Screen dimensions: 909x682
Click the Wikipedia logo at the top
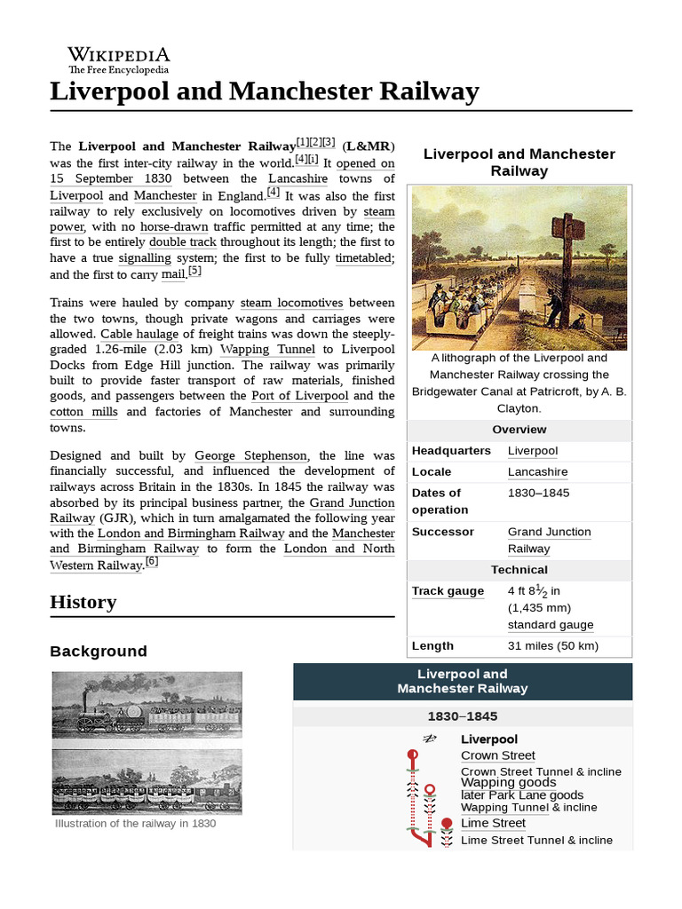pos(119,59)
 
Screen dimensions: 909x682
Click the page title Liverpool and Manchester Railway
pos(265,91)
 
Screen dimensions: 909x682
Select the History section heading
pos(83,602)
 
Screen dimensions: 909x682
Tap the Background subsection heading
pos(99,651)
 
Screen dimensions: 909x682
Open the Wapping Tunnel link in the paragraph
pos(267,349)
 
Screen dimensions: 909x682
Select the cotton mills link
pos(79,412)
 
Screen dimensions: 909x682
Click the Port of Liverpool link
pos(300,396)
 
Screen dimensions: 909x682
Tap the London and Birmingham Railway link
pos(191,534)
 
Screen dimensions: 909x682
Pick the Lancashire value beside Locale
pos(537,472)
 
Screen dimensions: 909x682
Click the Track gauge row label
pos(448,591)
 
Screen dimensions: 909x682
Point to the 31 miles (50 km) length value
pos(553,646)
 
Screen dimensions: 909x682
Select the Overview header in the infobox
pos(519,430)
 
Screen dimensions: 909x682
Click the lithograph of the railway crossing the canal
pos(519,267)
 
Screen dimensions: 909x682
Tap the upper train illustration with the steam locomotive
pos(147,704)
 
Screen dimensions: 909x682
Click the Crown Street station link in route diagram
pos(498,755)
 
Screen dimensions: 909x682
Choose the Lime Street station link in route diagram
pos(493,823)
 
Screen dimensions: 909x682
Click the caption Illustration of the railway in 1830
pos(135,823)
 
